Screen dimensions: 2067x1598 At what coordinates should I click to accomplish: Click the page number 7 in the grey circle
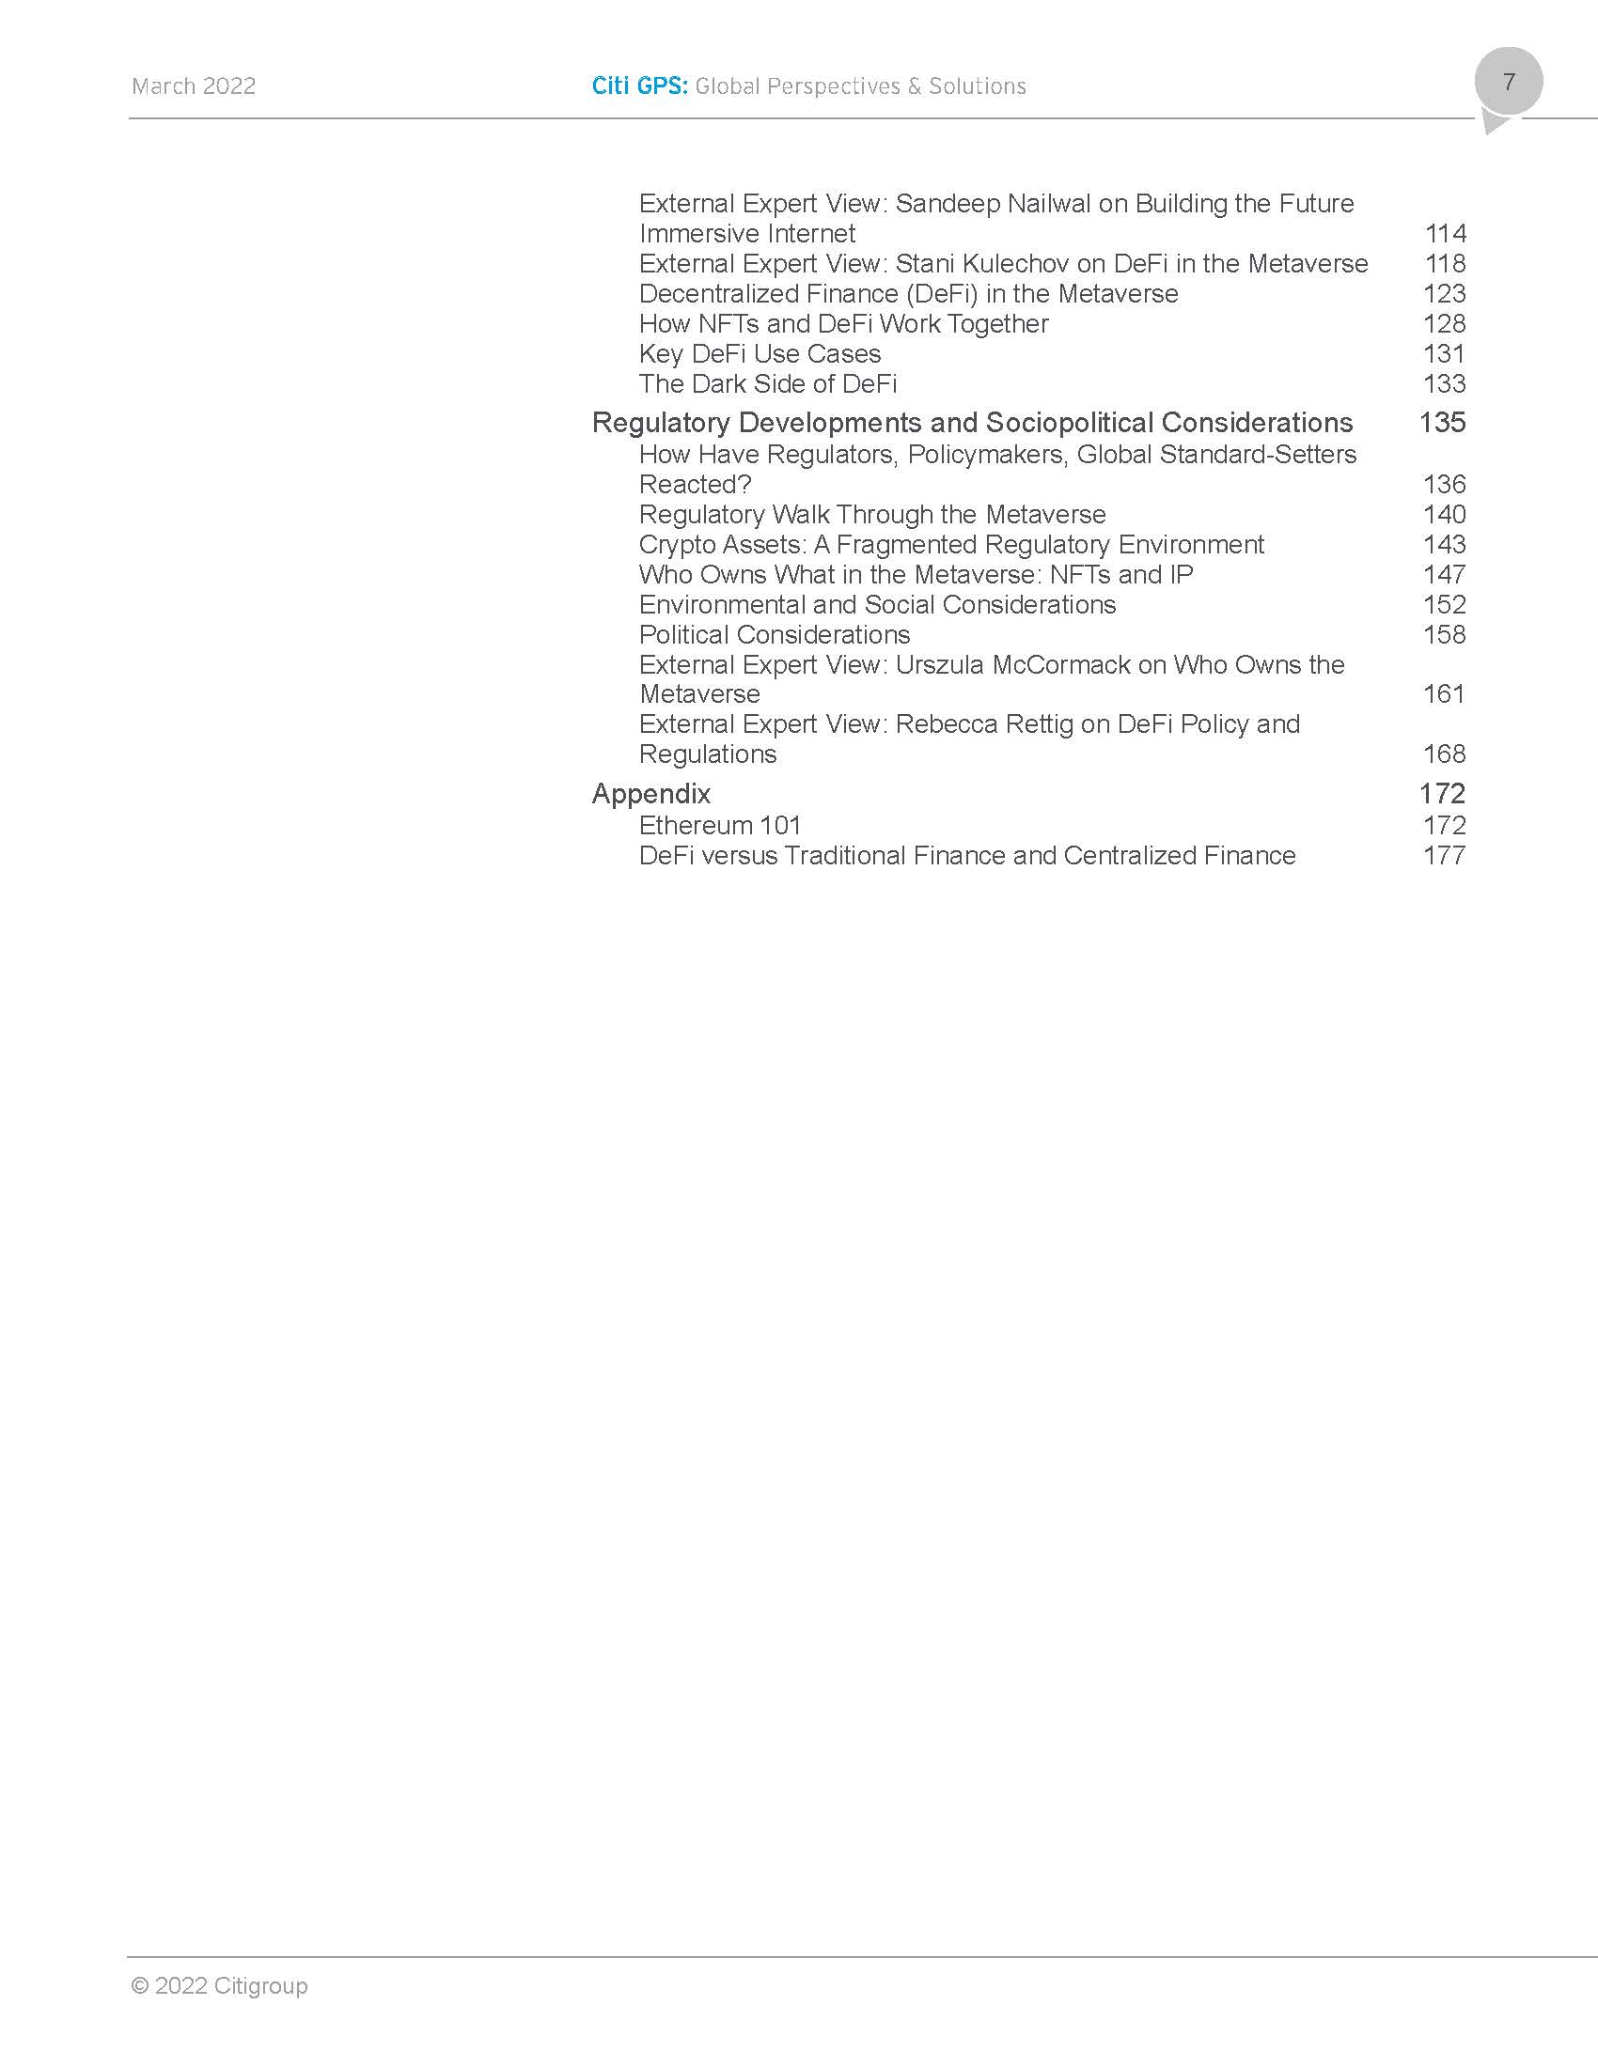(1508, 82)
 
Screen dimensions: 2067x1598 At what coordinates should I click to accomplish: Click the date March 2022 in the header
(193, 86)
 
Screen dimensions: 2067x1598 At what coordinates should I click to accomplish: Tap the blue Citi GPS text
(639, 86)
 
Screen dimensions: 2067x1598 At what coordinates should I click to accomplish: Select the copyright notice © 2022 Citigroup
(219, 1984)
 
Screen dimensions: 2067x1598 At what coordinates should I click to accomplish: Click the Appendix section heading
(650, 793)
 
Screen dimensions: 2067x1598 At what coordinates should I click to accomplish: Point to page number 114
(1445, 234)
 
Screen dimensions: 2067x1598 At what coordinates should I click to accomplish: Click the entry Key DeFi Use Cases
(760, 354)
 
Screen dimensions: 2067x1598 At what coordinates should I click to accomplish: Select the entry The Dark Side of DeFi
(768, 384)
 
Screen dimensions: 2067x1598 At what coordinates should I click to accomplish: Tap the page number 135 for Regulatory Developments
(1442, 422)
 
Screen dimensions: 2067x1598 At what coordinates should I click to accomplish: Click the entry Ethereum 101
(719, 825)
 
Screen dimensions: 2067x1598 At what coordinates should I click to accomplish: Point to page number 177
(1444, 856)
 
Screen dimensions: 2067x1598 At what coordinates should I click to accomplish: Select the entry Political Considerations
(775, 634)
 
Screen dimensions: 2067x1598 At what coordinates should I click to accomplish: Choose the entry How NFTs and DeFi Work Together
(843, 324)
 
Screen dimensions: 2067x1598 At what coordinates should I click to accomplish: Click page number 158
(1444, 634)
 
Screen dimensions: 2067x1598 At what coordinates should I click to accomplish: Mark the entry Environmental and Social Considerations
(877, 605)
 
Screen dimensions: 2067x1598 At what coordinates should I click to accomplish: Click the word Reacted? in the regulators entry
(695, 485)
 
